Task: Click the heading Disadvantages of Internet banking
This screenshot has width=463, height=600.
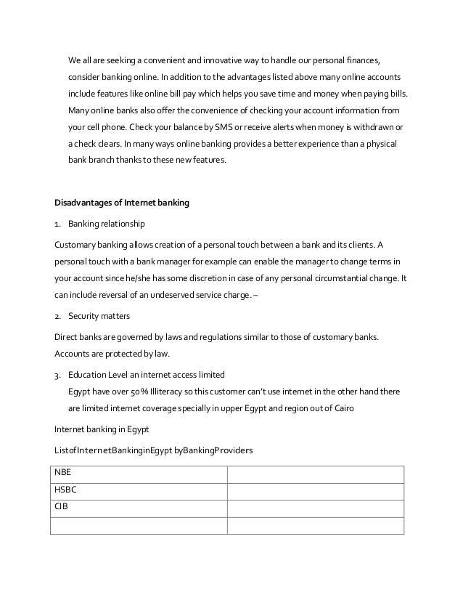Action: click(122, 203)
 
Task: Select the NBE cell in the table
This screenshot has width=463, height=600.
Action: click(138, 473)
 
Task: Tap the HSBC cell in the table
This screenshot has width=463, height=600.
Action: click(138, 490)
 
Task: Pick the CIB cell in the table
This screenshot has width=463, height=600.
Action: click(138, 507)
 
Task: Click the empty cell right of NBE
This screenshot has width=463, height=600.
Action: click(315, 473)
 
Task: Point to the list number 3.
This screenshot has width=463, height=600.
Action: click(58, 375)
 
